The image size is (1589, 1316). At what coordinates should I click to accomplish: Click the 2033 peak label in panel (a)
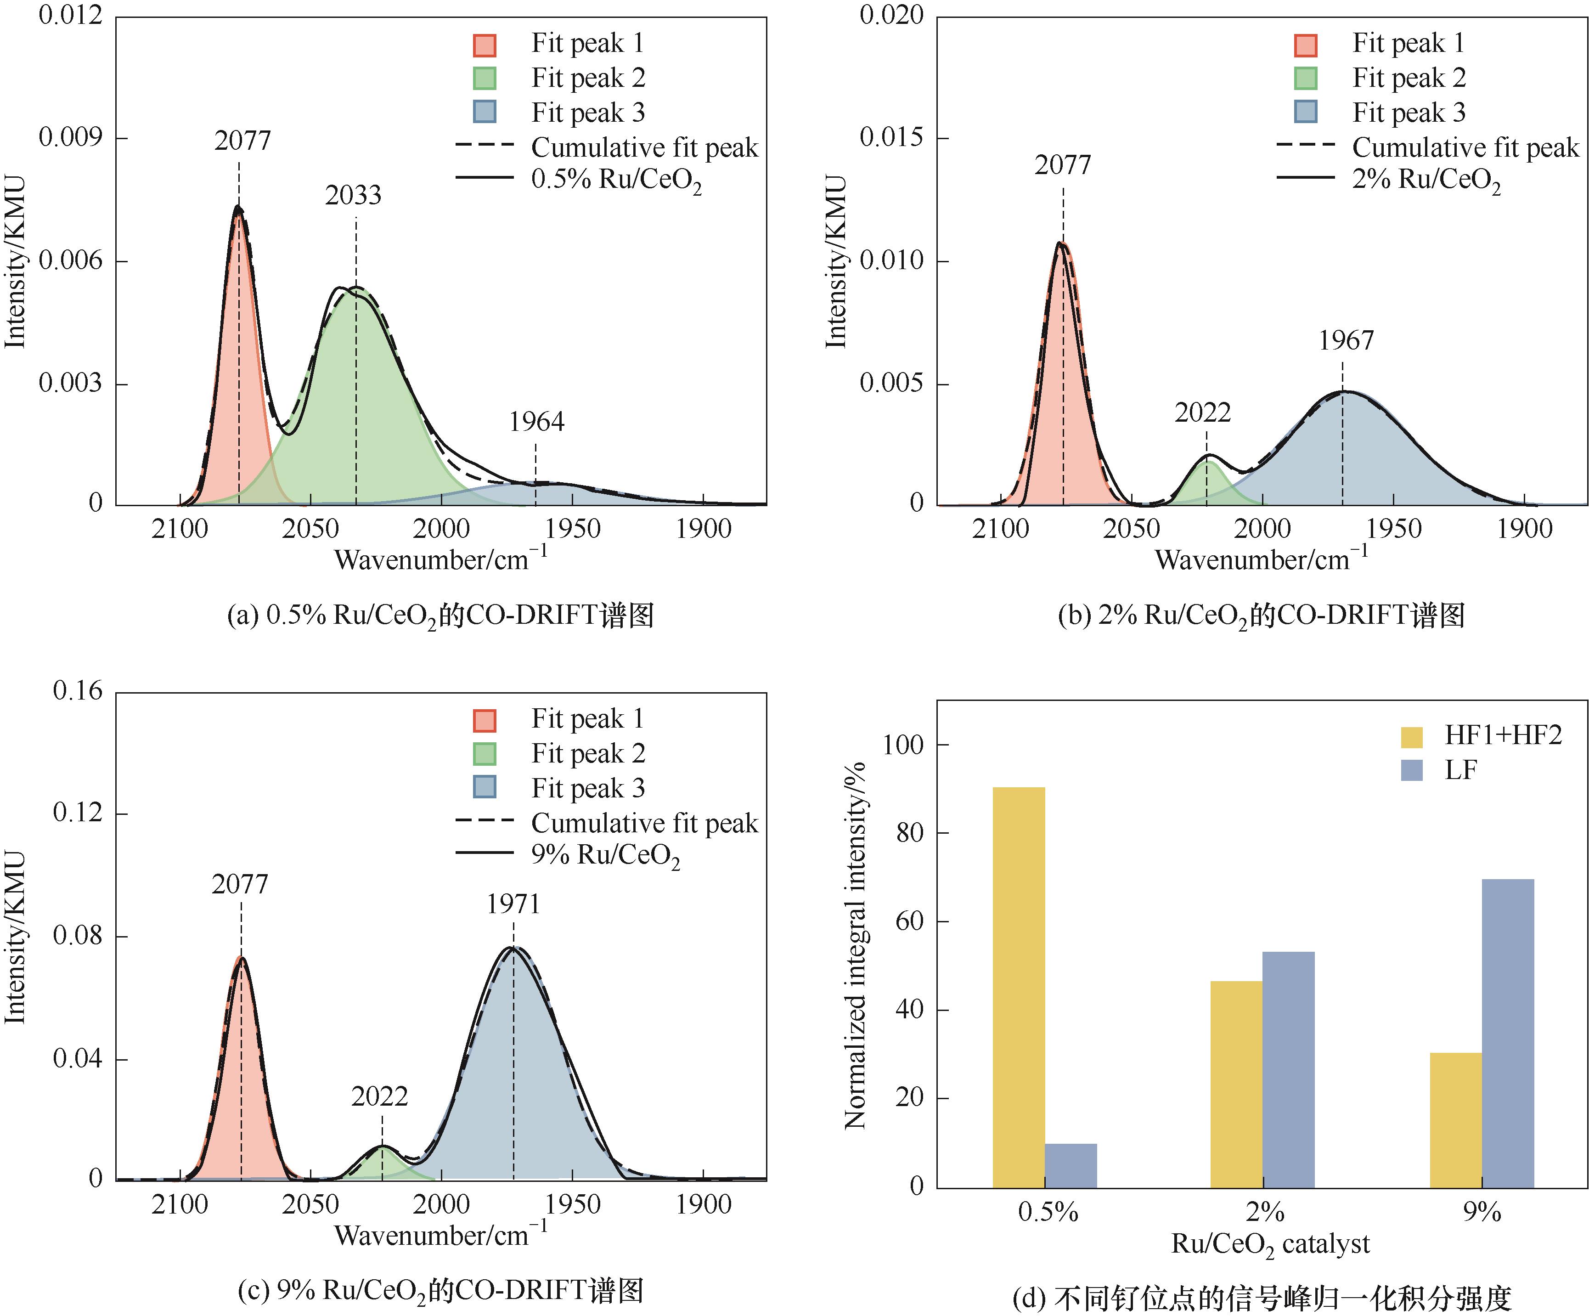353,195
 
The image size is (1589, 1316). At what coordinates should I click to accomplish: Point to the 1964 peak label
536,422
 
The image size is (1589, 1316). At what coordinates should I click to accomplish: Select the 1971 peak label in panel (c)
513,904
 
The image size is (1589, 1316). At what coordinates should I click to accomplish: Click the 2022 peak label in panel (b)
1202,412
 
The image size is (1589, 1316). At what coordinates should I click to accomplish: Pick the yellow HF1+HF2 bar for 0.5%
1019,988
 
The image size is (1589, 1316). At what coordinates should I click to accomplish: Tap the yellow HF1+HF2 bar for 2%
1236,1084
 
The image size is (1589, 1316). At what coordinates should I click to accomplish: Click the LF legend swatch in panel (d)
1411,770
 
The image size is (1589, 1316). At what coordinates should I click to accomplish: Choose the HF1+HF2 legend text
1503,735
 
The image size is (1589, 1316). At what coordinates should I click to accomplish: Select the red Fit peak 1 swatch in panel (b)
1305,45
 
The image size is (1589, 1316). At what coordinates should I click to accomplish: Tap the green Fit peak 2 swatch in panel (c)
484,754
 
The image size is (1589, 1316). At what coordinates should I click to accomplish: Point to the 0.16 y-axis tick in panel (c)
77,691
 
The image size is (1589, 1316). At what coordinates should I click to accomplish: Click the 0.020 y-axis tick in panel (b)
891,15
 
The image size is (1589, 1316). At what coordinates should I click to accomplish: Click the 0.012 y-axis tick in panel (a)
70,15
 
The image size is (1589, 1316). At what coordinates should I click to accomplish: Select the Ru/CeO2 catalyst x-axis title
1270,1244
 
